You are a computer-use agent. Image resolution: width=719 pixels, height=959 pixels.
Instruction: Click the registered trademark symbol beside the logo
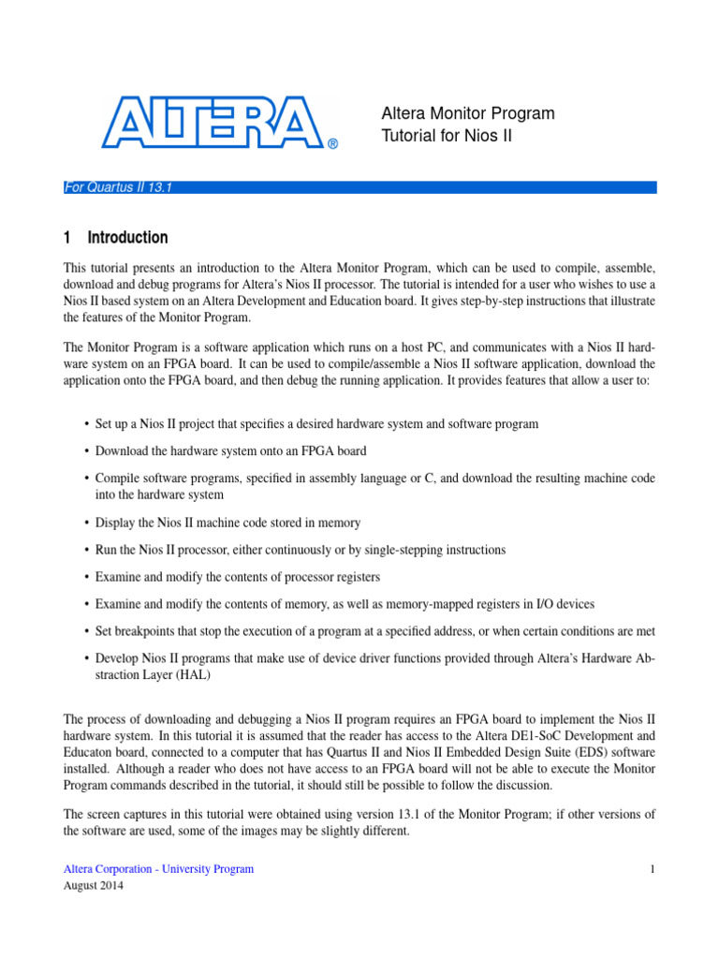332,144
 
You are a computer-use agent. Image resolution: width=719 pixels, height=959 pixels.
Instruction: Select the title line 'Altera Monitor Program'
467,113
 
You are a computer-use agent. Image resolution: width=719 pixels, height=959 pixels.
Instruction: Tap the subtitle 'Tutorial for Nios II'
447,137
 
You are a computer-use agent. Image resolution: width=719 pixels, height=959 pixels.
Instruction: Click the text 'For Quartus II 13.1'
117,187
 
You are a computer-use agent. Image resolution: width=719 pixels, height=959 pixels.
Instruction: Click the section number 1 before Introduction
67,238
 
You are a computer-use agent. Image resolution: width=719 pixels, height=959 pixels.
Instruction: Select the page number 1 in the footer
652,869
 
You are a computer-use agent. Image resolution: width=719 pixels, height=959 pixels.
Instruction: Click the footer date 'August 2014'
93,886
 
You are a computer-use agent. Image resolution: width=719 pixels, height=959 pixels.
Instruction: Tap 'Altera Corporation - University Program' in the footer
158,869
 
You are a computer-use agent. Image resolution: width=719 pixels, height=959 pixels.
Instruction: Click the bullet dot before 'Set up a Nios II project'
86,424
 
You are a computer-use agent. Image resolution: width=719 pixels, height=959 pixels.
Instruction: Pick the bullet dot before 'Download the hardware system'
86,451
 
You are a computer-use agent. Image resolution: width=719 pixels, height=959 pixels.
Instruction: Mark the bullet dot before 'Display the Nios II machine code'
86,523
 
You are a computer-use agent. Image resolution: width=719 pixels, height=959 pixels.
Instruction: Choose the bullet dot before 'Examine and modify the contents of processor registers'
86,577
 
